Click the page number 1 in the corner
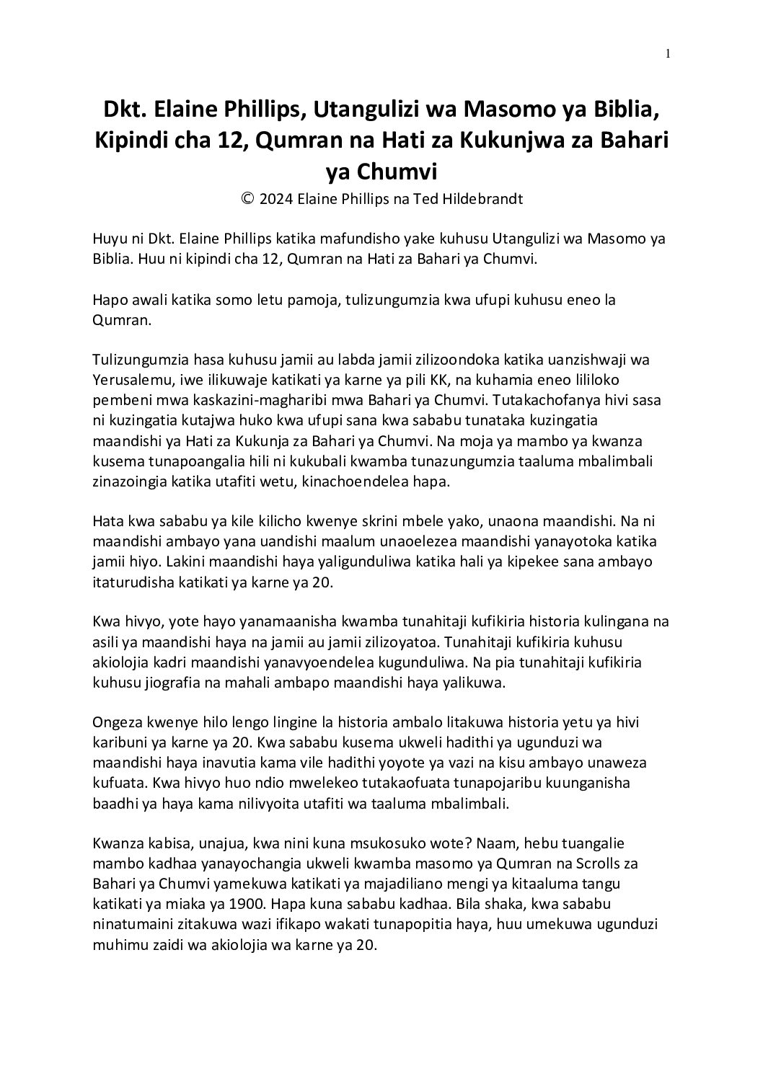(669, 53)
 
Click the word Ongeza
(117, 723)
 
